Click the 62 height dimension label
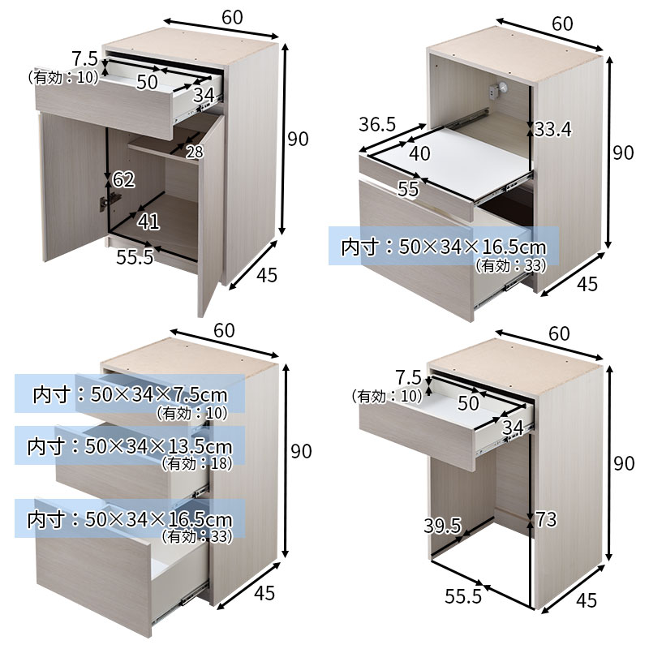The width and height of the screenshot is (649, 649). coord(124,180)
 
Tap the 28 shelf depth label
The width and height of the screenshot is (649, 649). coord(195,153)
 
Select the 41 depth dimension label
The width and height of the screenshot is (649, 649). coord(148,221)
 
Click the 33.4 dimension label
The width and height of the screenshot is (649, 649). coord(553,130)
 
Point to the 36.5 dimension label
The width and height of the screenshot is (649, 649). coord(377,125)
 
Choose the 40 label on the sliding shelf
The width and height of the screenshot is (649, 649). coord(419,153)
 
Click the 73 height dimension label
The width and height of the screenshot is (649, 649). coord(546,520)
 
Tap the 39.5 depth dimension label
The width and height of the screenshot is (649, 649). coord(442,526)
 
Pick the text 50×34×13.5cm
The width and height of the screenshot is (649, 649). coord(158,447)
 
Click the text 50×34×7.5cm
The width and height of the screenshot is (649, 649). coord(159,395)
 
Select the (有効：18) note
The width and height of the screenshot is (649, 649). coord(197,464)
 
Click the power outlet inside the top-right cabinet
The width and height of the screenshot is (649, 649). coord(499,90)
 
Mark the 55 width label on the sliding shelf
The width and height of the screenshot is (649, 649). coord(408,189)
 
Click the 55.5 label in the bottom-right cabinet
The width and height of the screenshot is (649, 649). coord(463,596)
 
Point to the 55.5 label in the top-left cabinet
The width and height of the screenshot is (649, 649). coord(135,257)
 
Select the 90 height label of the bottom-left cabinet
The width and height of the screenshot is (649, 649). coord(301,451)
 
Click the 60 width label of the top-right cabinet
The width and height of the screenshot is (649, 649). coord(562,24)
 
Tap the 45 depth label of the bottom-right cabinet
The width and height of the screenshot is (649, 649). coord(587,600)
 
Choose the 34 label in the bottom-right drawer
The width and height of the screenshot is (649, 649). coord(513,428)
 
